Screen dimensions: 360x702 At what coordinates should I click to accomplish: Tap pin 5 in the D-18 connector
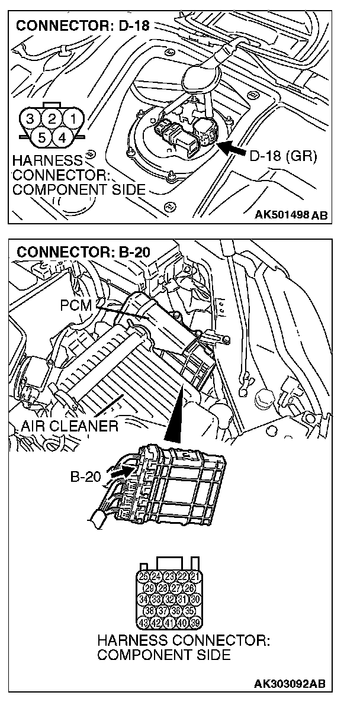point(40,137)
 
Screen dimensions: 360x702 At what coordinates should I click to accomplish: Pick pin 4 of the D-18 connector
point(61,137)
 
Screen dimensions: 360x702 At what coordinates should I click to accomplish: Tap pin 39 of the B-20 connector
point(195,623)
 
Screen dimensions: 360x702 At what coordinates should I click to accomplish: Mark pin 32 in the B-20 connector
point(169,600)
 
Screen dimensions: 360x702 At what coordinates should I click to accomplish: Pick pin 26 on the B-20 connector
point(189,588)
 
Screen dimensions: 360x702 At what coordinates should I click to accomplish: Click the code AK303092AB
point(290,684)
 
